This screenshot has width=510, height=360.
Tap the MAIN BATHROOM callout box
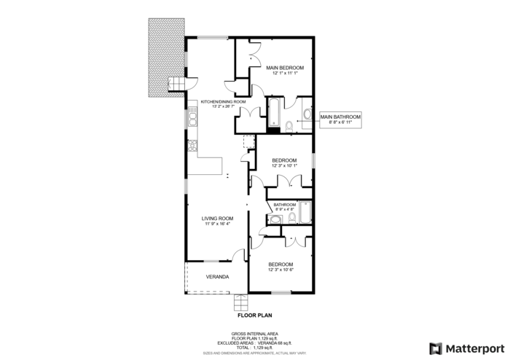tap(340, 118)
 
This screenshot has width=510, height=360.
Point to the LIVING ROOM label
tap(218, 218)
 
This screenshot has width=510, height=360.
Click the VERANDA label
tap(217, 277)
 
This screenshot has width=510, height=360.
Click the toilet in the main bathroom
tap(290, 127)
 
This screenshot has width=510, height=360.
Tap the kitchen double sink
tap(193, 116)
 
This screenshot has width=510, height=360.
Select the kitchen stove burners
tap(193, 146)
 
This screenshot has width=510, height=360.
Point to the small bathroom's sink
tap(275, 221)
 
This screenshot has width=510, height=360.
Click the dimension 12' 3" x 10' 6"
tap(280, 270)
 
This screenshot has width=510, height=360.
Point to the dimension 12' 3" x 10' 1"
tap(283, 165)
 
